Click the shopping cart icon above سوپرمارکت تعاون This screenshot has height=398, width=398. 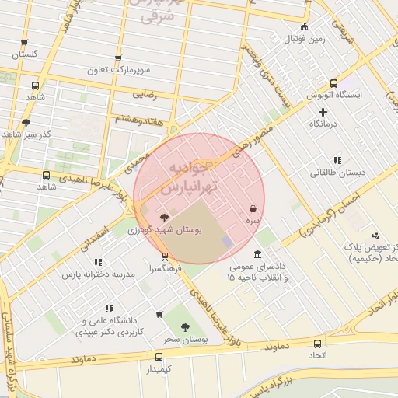point(118,58)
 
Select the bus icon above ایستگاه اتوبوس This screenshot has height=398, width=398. point(333,84)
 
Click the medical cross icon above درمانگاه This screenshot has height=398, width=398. point(323,113)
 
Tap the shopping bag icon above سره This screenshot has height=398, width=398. point(253,209)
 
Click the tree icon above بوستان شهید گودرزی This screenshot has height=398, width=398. point(163,218)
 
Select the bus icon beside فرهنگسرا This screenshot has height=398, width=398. point(164,257)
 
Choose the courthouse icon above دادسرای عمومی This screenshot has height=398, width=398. point(257,254)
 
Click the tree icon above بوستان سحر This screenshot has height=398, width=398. point(185,328)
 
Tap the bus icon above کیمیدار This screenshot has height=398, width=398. point(159,357)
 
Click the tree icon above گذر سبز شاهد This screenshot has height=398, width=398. point(26,123)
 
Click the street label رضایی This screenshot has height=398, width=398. point(145,95)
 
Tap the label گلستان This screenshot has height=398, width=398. point(25,55)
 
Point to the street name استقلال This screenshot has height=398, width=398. point(92,232)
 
